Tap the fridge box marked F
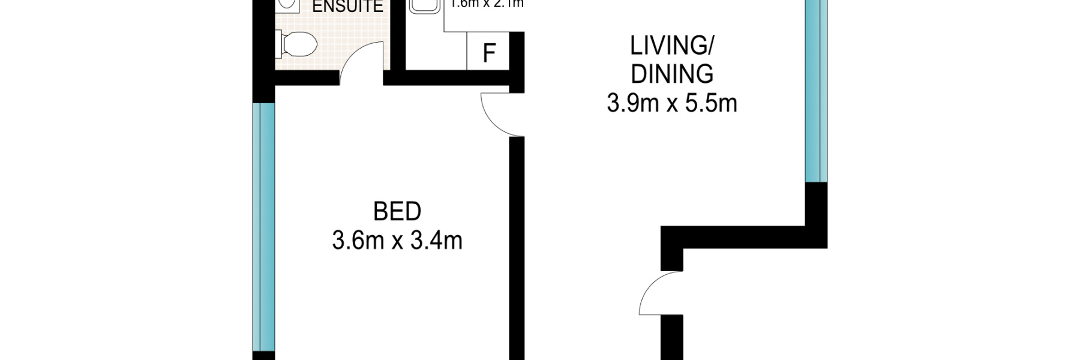488,53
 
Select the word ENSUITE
347,7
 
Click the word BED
397,212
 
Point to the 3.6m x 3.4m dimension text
397,241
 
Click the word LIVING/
672,46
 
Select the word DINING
672,74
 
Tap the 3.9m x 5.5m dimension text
671,103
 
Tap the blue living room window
815,90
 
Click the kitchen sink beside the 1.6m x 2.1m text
425,6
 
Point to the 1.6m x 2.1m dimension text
487,5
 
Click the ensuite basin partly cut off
289,5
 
